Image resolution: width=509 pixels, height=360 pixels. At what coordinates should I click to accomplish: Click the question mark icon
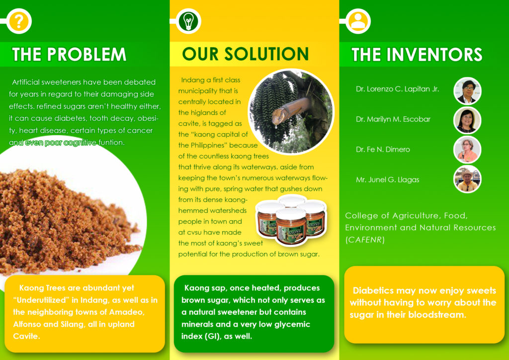(x=19, y=21)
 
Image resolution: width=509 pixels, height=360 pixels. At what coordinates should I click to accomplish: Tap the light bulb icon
(x=188, y=21)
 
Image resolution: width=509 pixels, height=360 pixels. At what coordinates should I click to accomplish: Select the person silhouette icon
(x=358, y=21)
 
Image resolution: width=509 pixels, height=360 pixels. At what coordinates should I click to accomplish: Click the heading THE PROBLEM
(x=69, y=54)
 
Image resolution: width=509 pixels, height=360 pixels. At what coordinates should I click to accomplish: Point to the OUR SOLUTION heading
(x=246, y=54)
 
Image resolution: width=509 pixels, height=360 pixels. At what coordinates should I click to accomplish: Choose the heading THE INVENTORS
(x=417, y=54)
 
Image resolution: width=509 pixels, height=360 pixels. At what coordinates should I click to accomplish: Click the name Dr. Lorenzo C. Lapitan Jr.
(x=397, y=89)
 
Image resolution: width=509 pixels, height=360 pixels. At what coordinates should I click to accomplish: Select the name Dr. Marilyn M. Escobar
(x=393, y=119)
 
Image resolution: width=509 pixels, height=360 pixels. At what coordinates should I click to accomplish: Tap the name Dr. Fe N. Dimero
(x=383, y=149)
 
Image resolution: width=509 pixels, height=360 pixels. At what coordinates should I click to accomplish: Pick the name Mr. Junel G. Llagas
(x=387, y=180)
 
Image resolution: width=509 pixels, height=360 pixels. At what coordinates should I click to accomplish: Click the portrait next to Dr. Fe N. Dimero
(x=467, y=150)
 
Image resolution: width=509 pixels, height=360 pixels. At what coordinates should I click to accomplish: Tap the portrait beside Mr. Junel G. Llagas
(x=467, y=179)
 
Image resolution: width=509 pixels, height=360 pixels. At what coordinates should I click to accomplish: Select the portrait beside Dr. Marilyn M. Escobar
(x=467, y=120)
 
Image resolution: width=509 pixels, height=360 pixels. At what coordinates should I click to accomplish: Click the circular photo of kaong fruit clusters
(x=291, y=111)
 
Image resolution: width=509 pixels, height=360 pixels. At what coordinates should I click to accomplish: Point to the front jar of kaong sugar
(x=291, y=227)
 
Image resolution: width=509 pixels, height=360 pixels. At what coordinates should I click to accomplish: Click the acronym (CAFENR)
(x=365, y=240)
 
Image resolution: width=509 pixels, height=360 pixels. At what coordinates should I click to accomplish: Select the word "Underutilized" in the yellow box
(x=41, y=300)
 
